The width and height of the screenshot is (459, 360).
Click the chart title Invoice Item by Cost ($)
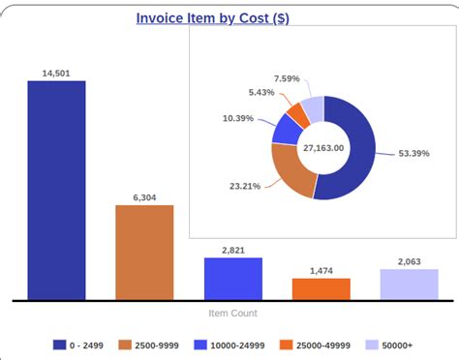click(x=212, y=18)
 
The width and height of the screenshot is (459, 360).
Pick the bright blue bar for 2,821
click(x=232, y=279)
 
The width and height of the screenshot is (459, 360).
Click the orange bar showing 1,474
click(x=321, y=288)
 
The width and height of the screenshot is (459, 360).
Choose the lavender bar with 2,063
click(x=409, y=285)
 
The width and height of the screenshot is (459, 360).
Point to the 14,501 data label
click(x=56, y=73)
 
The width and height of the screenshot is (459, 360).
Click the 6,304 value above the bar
click(x=144, y=197)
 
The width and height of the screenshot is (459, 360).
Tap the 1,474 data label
click(x=321, y=271)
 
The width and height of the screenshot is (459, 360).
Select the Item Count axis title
click(x=232, y=314)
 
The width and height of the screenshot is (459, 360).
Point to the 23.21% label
click(x=244, y=186)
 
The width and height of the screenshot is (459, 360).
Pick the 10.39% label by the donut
click(x=238, y=118)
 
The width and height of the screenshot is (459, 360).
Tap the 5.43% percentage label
click(x=261, y=92)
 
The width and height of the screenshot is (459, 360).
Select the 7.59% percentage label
click(x=287, y=78)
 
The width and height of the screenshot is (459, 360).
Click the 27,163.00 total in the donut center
click(x=323, y=148)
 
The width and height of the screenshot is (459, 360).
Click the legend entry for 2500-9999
click(x=149, y=345)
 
